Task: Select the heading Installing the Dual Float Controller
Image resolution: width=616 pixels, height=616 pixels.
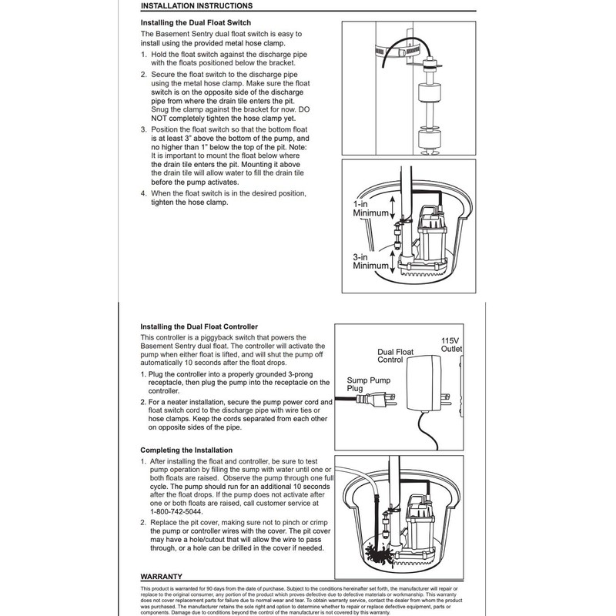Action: click(x=199, y=326)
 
